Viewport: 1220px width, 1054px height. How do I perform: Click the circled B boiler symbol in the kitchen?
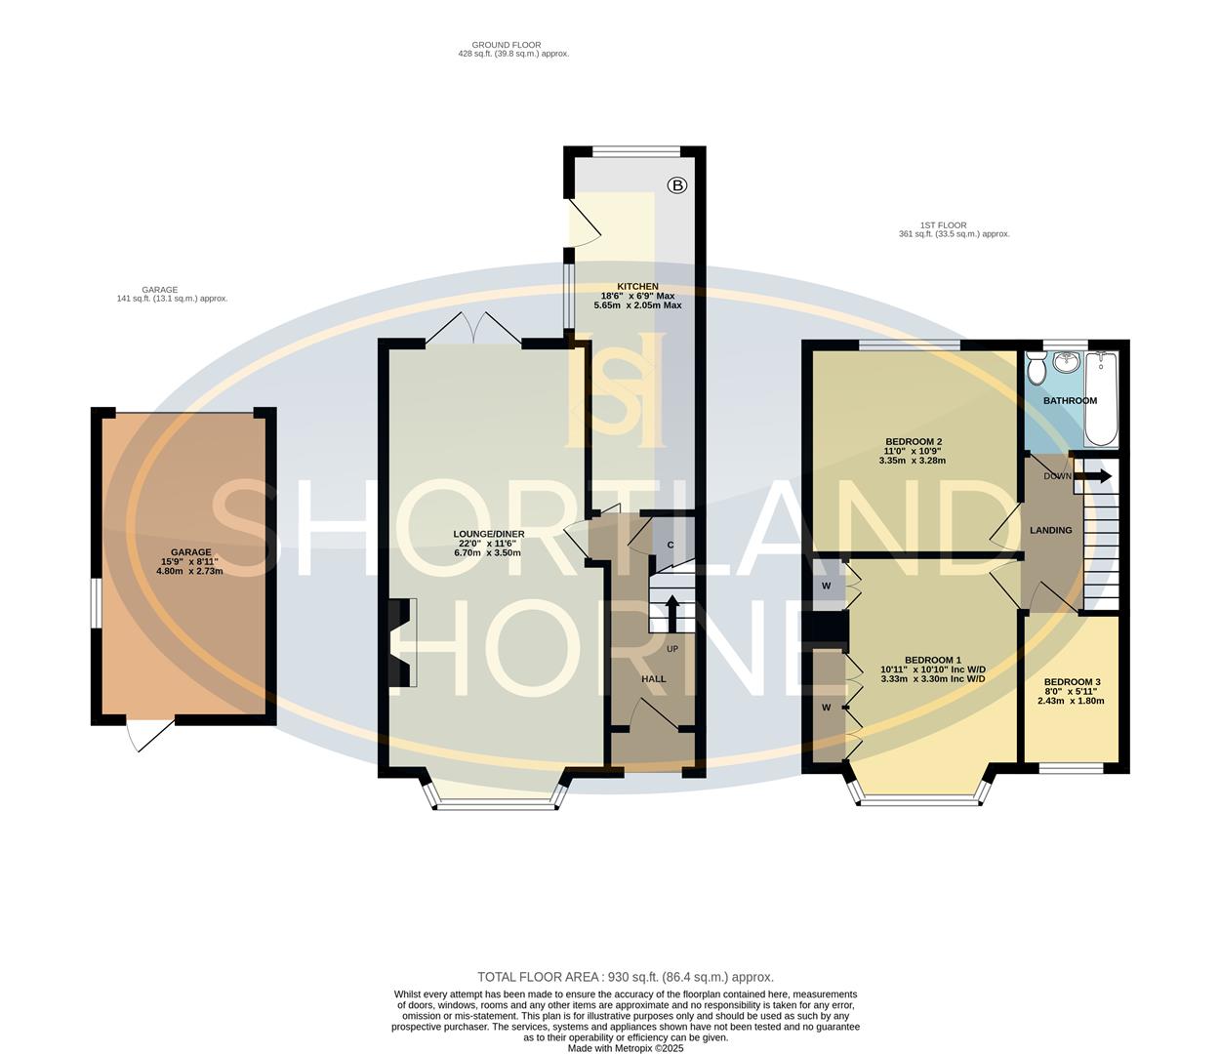click(x=677, y=184)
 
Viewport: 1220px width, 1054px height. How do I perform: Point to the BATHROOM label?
click(x=1070, y=401)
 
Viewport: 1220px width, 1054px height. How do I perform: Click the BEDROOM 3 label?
click(x=1072, y=682)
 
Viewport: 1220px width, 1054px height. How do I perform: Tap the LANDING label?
click(x=1050, y=531)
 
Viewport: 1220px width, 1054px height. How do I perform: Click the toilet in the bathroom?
click(x=1036, y=369)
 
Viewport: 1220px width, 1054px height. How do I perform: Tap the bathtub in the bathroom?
click(x=1103, y=400)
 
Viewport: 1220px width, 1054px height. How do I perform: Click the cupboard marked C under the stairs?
click(x=671, y=545)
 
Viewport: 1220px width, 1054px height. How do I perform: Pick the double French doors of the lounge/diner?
click(x=473, y=330)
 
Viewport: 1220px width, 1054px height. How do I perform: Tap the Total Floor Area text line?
click(x=625, y=977)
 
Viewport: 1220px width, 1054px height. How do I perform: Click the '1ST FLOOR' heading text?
click(x=943, y=225)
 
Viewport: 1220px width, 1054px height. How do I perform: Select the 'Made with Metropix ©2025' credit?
click(x=625, y=1048)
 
